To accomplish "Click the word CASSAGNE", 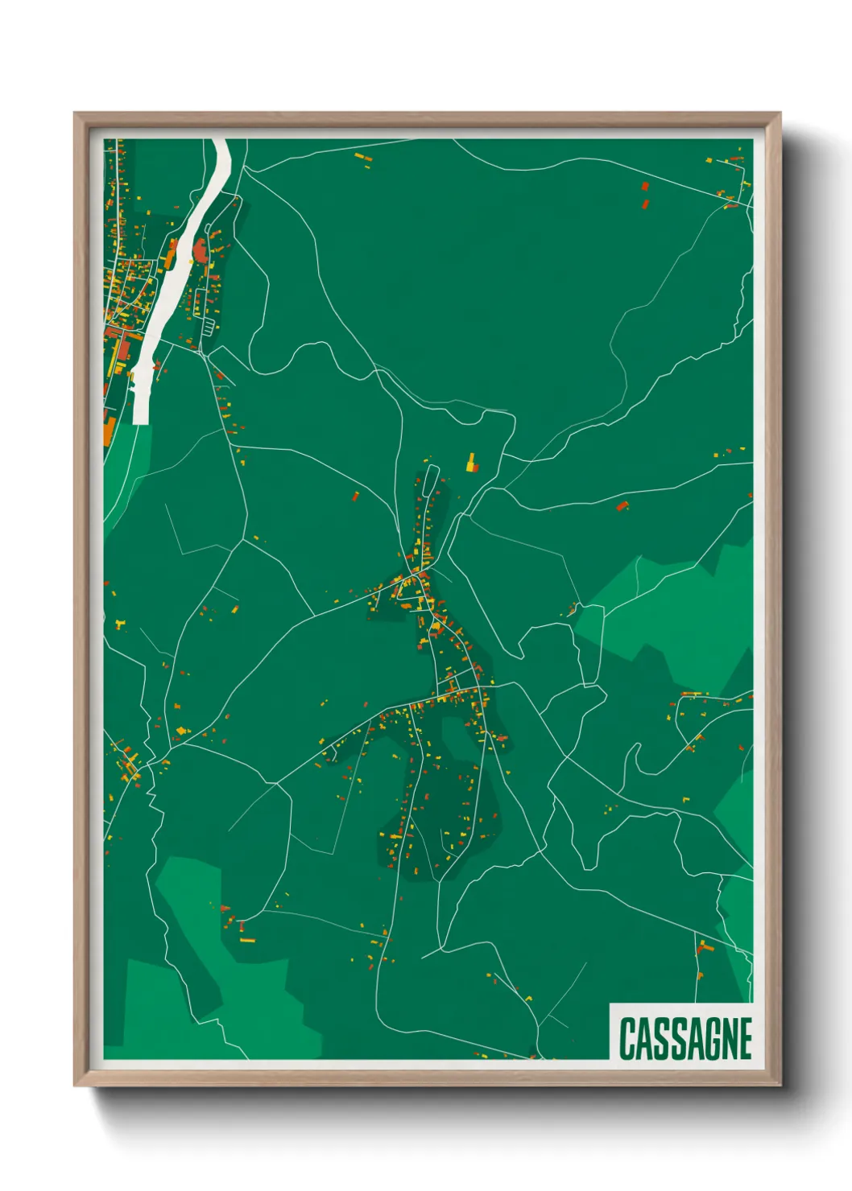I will point(685,1039).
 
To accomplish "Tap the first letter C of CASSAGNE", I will point(627,1039).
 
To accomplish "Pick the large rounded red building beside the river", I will point(201,251).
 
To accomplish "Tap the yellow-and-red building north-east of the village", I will point(471,463).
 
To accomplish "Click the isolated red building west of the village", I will point(355,497).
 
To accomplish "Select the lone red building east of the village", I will point(621,505).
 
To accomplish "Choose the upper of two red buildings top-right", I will point(644,186).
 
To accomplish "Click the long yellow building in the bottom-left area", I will point(247,939).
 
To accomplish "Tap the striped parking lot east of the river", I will point(209,326).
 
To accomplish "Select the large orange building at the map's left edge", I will point(108,429).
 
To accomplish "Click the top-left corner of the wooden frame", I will point(75,113).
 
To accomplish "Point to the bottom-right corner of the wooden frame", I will point(780,1085).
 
